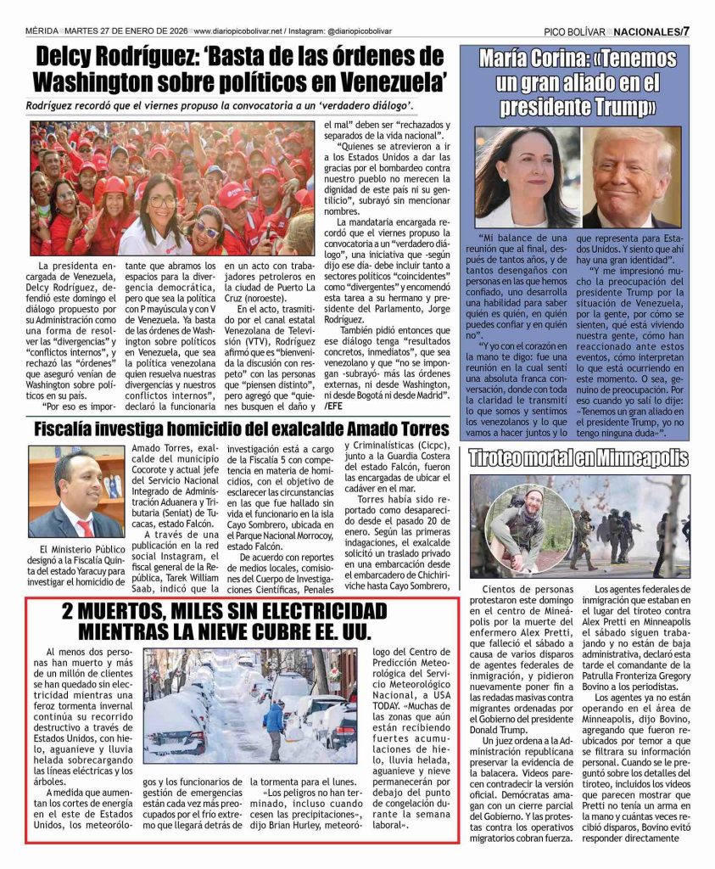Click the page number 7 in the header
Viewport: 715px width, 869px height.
685,31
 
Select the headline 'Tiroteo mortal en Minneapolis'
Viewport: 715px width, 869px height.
579,458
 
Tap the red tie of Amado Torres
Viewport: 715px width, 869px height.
85,528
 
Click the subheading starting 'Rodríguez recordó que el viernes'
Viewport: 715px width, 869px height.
220,105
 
